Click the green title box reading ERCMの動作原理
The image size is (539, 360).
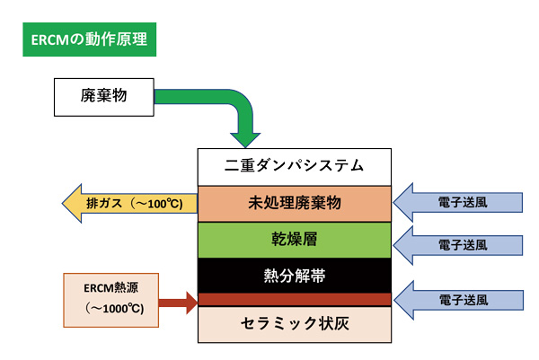click(89, 40)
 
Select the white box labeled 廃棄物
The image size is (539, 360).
click(104, 97)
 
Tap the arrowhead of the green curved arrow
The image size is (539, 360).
click(245, 140)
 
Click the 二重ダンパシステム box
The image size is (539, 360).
click(295, 167)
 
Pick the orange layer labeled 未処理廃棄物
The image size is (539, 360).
click(295, 204)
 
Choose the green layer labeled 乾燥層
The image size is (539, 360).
click(295, 240)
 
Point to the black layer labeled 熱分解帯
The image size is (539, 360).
click(295, 276)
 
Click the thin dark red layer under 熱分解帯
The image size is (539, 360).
click(295, 300)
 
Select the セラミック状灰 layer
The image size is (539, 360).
click(295, 324)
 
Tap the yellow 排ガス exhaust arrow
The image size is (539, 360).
click(129, 204)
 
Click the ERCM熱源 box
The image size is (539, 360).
click(111, 300)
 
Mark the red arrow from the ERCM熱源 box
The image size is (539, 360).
click(178, 303)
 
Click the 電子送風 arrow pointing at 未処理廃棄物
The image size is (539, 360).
click(458, 202)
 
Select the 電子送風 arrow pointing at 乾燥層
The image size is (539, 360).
click(458, 245)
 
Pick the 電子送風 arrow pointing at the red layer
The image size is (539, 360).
click(458, 300)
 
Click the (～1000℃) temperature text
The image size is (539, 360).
click(114, 308)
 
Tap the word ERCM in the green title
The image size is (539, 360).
click(50, 40)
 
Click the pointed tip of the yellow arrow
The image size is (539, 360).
click(62, 204)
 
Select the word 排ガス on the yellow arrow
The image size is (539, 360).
click(104, 204)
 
